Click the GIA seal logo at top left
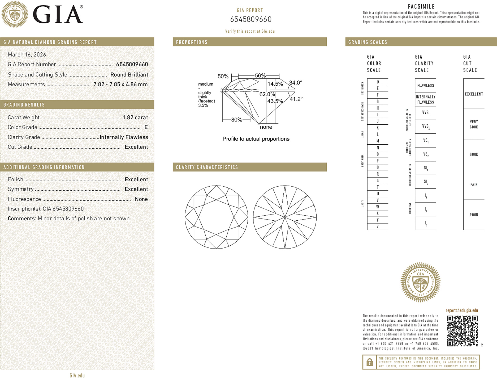tap(15, 14)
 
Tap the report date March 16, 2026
tap(27, 54)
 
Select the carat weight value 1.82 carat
tap(135, 117)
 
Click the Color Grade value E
tap(146, 127)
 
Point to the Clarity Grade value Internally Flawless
tap(124, 137)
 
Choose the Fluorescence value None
tap(141, 199)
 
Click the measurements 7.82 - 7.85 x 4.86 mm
tap(120, 84)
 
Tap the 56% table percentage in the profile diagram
tap(260, 75)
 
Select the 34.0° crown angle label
tap(295, 83)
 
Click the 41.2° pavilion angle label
tap(296, 99)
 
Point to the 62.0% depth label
tap(267, 94)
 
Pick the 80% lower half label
tap(236, 120)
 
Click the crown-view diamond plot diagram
tap(217, 217)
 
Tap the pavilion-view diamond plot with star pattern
tap(285, 217)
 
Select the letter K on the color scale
tap(378, 128)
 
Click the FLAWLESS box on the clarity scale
tap(425, 85)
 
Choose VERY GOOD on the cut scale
tap(474, 124)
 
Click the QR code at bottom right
tap(462, 331)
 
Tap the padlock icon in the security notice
tap(370, 362)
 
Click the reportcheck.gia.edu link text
tap(462, 310)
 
